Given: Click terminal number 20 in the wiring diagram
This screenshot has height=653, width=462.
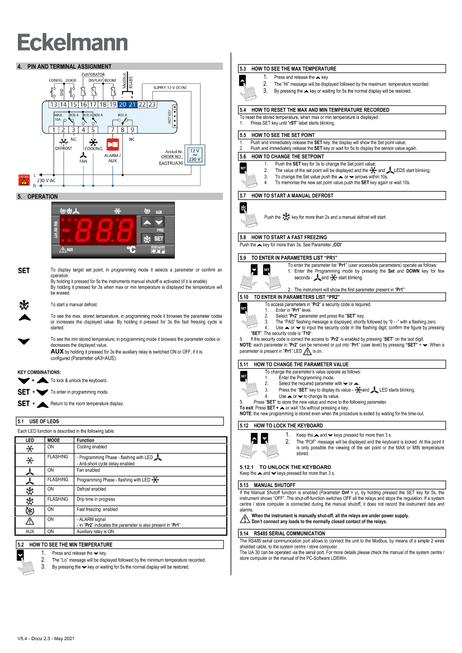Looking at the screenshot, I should [122, 104].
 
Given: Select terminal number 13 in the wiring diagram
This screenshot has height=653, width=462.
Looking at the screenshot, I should [54, 104].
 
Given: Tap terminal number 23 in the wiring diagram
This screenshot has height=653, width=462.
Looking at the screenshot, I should [151, 104].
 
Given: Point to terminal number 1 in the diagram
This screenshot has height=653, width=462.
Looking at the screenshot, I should [54, 130].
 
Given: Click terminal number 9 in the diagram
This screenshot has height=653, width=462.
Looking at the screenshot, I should [132, 130].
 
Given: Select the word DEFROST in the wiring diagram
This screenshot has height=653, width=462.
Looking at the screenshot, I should [64, 148].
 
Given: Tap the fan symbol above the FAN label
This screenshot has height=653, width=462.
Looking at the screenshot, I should [84, 154].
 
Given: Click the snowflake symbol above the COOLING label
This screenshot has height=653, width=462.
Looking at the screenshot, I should [93, 142].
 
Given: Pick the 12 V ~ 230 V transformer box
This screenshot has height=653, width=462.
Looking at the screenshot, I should [195, 155].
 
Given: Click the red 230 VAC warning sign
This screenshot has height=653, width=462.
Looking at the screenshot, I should [24, 179].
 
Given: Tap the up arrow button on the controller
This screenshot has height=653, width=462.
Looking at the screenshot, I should [147, 222].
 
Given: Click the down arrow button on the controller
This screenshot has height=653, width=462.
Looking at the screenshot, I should [159, 222].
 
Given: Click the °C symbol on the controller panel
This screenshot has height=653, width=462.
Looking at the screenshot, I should [131, 250].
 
